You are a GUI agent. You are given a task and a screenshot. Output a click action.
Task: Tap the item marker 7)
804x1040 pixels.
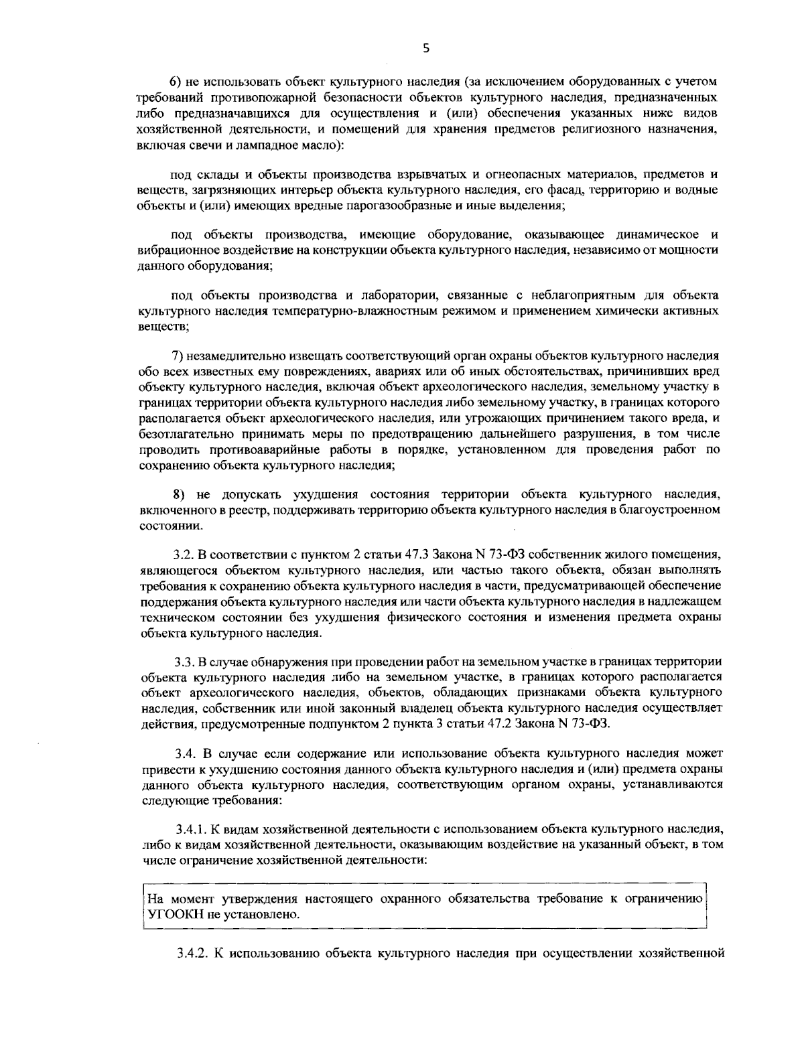tap(179, 355)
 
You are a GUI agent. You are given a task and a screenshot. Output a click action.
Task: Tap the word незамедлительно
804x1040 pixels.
tap(239, 355)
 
